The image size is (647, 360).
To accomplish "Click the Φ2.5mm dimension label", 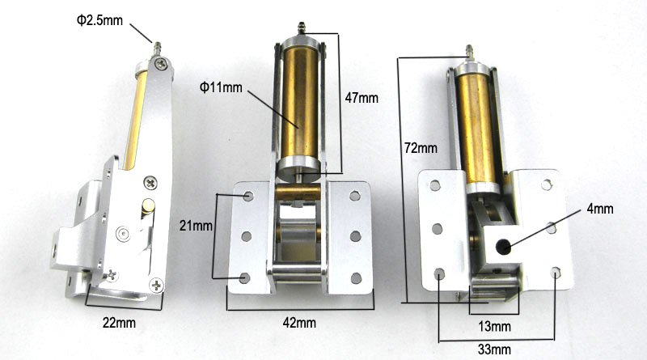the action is (x=99, y=19).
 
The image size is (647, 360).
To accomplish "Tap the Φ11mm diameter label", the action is (x=221, y=87).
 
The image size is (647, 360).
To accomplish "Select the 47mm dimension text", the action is (x=362, y=98).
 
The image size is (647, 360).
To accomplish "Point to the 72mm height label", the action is (x=421, y=147).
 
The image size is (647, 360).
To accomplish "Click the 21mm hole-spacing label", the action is (x=196, y=226).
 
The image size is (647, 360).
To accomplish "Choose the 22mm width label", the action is (x=119, y=323).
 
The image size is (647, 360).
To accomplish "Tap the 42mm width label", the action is (x=299, y=323).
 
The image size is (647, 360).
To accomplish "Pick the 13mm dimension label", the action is (x=494, y=327).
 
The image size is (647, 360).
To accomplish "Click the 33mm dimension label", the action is (x=494, y=349).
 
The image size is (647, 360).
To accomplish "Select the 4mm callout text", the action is (x=600, y=209).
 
